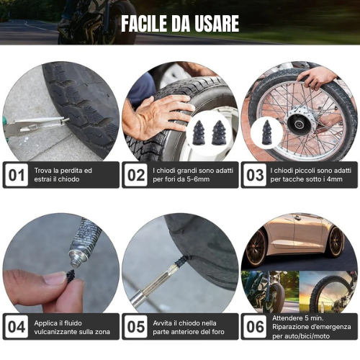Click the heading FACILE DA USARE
179,23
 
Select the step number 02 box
135,175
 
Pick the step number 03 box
254,175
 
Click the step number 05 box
135,327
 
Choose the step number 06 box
254,326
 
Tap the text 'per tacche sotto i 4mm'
310,180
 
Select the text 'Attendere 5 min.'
297,318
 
